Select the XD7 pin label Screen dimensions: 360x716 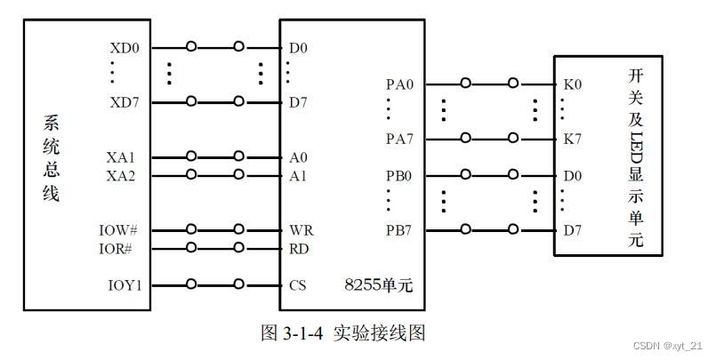(x=125, y=102)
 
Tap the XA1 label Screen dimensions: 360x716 (x=121, y=157)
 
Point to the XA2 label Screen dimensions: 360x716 (x=121, y=175)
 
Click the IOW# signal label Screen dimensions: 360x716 (x=118, y=230)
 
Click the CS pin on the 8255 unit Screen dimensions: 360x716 (x=298, y=285)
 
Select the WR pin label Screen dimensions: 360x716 (x=301, y=230)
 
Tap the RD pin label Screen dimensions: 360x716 (x=299, y=248)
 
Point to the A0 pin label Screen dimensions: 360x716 (x=298, y=157)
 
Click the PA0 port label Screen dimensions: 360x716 (x=399, y=84)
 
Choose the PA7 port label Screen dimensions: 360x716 (x=399, y=139)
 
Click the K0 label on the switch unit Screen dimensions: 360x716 (x=572, y=84)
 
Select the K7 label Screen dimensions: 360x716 (x=572, y=139)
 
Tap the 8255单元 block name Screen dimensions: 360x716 (x=380, y=286)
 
